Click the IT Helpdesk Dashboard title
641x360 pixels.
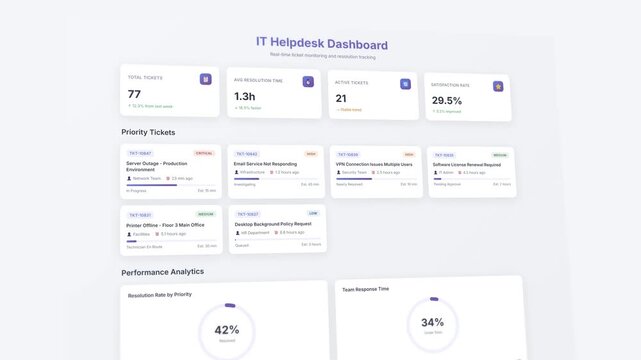coord(321,44)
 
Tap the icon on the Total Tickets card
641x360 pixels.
coord(205,79)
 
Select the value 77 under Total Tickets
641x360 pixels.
coord(134,94)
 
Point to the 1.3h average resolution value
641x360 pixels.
coord(245,97)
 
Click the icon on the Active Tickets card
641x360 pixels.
coord(405,85)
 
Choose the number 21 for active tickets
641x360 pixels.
coord(341,98)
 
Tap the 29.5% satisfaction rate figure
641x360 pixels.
coord(447,101)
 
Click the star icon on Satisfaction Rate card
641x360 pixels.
coord(498,86)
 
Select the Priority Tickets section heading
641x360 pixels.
coord(149,132)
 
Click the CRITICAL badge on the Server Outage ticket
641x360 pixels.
coord(204,153)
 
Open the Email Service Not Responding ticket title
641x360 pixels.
coord(265,163)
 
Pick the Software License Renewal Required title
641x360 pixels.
coord(466,164)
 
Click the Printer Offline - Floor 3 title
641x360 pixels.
coord(165,225)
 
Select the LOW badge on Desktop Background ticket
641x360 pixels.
coord(313,213)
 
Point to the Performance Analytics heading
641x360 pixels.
coord(162,271)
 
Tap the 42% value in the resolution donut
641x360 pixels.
coord(227,329)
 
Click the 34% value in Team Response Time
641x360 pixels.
coord(432,322)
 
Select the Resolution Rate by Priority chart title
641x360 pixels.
coord(160,295)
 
